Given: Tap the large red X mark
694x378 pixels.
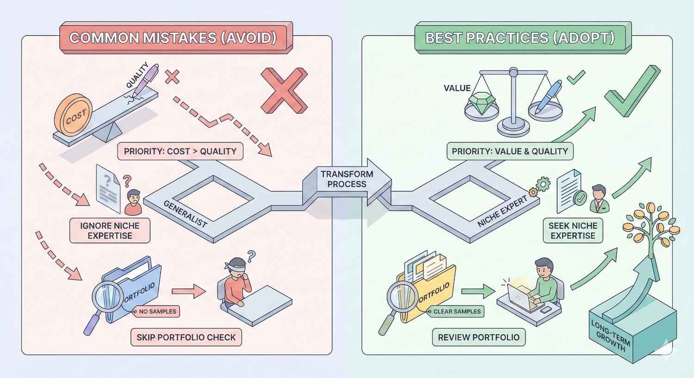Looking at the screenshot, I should tap(284, 91).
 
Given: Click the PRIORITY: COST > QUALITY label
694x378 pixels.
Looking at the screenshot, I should tap(180, 151).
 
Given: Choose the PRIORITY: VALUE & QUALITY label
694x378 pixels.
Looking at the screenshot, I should tap(509, 151).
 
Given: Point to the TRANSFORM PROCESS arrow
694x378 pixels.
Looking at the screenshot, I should tap(347, 179).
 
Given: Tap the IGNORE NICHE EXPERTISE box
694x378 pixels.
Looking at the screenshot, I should tap(110, 231).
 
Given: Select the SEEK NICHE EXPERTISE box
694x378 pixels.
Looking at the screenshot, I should tap(573, 231).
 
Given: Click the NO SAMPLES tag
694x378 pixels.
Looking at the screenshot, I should tap(157, 311).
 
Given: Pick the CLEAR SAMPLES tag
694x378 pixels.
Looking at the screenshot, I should tap(456, 311).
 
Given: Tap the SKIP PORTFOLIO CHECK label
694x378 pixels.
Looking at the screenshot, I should tap(186, 337).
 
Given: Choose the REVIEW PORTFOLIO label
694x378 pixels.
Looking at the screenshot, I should tap(478, 337).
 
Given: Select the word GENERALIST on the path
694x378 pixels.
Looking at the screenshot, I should tap(185, 213).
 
